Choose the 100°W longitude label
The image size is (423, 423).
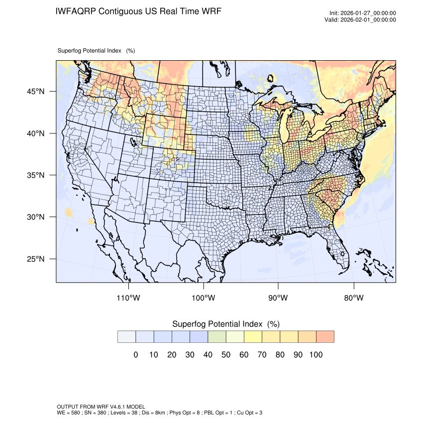[204, 298]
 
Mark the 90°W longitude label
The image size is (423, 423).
[278, 298]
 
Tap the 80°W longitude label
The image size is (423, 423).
[353, 298]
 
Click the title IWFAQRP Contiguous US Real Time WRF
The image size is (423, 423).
[139, 11]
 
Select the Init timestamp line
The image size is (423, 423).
[363, 13]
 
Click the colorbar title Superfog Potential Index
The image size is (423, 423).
[225, 324]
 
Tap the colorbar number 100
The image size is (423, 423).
[316, 355]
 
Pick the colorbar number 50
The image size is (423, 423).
[226, 355]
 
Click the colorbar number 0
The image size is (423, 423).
[135, 355]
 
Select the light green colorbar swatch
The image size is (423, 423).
[217, 337]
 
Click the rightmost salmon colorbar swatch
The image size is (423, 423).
[325, 337]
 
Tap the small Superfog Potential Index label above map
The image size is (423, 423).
[96, 51]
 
